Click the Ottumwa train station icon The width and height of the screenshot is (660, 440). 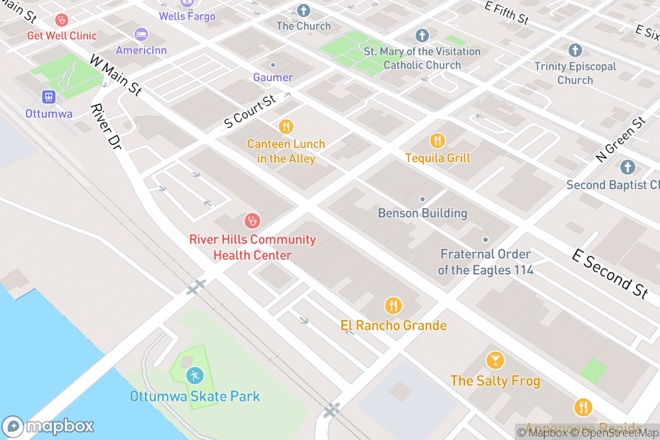[x=49, y=97]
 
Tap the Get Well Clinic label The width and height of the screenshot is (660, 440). [x=62, y=36]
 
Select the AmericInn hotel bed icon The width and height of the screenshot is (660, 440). [x=141, y=34]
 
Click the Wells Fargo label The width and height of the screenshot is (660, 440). [x=187, y=16]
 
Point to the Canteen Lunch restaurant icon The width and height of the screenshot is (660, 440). [x=286, y=127]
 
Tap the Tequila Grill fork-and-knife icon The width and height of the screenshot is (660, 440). [x=437, y=141]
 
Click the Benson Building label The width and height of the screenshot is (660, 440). [x=422, y=213]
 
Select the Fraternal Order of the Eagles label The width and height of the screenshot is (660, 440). [x=485, y=262]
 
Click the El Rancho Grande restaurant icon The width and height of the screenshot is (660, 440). [x=393, y=305]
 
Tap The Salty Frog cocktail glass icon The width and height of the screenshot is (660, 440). [x=495, y=361]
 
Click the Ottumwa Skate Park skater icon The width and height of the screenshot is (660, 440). [x=194, y=376]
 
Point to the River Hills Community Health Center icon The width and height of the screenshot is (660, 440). [x=252, y=221]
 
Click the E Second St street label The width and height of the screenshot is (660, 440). [x=610, y=273]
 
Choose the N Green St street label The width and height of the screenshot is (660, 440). [x=620, y=140]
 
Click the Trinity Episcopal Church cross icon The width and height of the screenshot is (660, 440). [x=575, y=51]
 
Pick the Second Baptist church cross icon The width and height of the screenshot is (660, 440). [x=628, y=167]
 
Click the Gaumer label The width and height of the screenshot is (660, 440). [x=273, y=77]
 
